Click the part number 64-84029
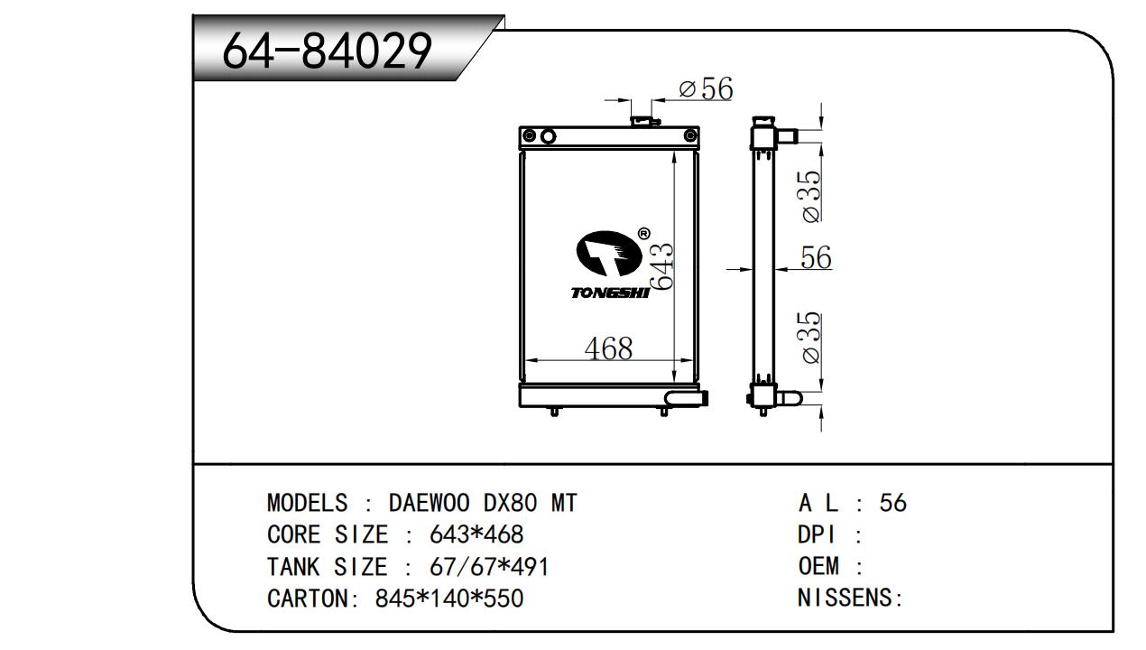(x=328, y=51)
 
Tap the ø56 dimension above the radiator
(x=706, y=88)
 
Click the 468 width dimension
(x=608, y=348)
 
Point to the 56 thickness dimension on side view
(x=816, y=257)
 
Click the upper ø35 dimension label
(x=811, y=197)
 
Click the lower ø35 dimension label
(x=811, y=338)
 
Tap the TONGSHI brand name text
(x=610, y=292)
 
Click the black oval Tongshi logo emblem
(x=609, y=254)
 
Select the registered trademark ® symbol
(x=644, y=234)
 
